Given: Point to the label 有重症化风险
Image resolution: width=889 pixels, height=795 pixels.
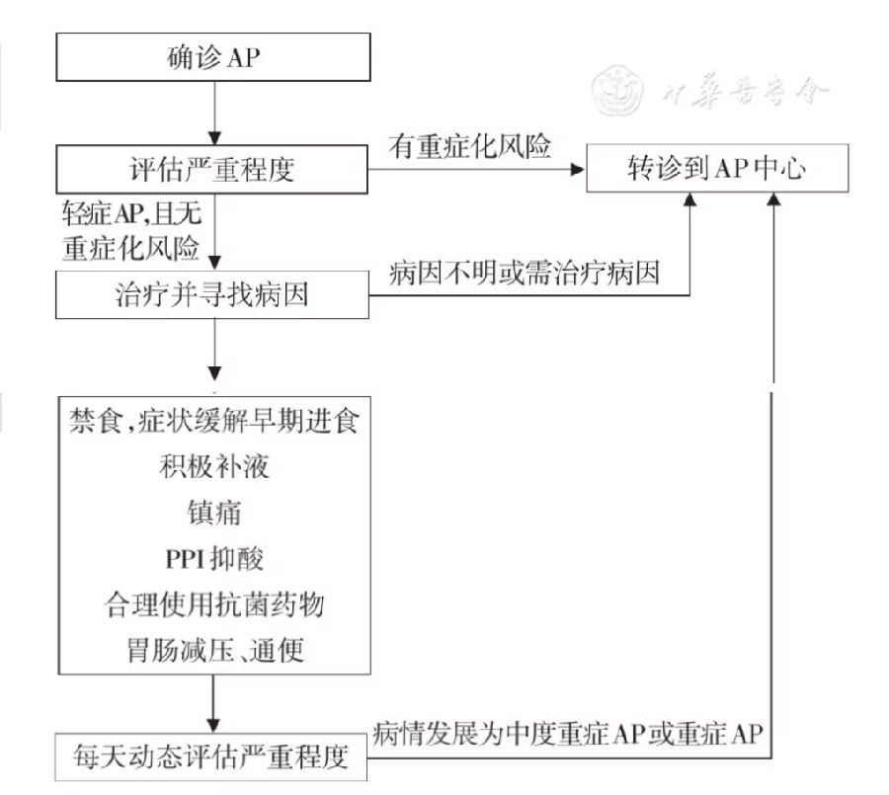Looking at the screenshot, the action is coord(470,146).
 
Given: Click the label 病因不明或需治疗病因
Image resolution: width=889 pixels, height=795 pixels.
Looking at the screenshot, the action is coord(525,274).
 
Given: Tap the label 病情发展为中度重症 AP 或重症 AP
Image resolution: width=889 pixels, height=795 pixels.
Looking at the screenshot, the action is coord(568,733).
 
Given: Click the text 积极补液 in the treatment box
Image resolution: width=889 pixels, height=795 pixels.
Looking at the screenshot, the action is coord(214,467).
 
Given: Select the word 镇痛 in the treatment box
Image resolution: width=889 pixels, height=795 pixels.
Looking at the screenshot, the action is coord(214,513).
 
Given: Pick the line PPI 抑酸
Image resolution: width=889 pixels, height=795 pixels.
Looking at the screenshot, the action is coord(214,559).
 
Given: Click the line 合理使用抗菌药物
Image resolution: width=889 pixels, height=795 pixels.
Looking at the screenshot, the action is coord(214,604).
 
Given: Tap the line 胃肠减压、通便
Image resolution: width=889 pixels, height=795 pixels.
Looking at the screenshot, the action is coord(215,651).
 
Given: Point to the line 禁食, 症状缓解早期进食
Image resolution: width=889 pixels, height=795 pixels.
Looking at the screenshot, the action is coord(214,421).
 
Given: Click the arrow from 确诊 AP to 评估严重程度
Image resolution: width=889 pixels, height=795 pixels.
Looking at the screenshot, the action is coord(214,113).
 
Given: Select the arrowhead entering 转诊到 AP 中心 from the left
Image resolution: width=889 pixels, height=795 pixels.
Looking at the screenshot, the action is coord(578,169).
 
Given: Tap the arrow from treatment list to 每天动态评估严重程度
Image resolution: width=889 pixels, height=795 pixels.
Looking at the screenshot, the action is coord(213,704).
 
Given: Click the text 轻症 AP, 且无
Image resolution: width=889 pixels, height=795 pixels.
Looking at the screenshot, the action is coord(131,213).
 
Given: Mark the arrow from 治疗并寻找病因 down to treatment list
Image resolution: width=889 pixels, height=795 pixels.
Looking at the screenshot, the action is coord(215,350).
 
